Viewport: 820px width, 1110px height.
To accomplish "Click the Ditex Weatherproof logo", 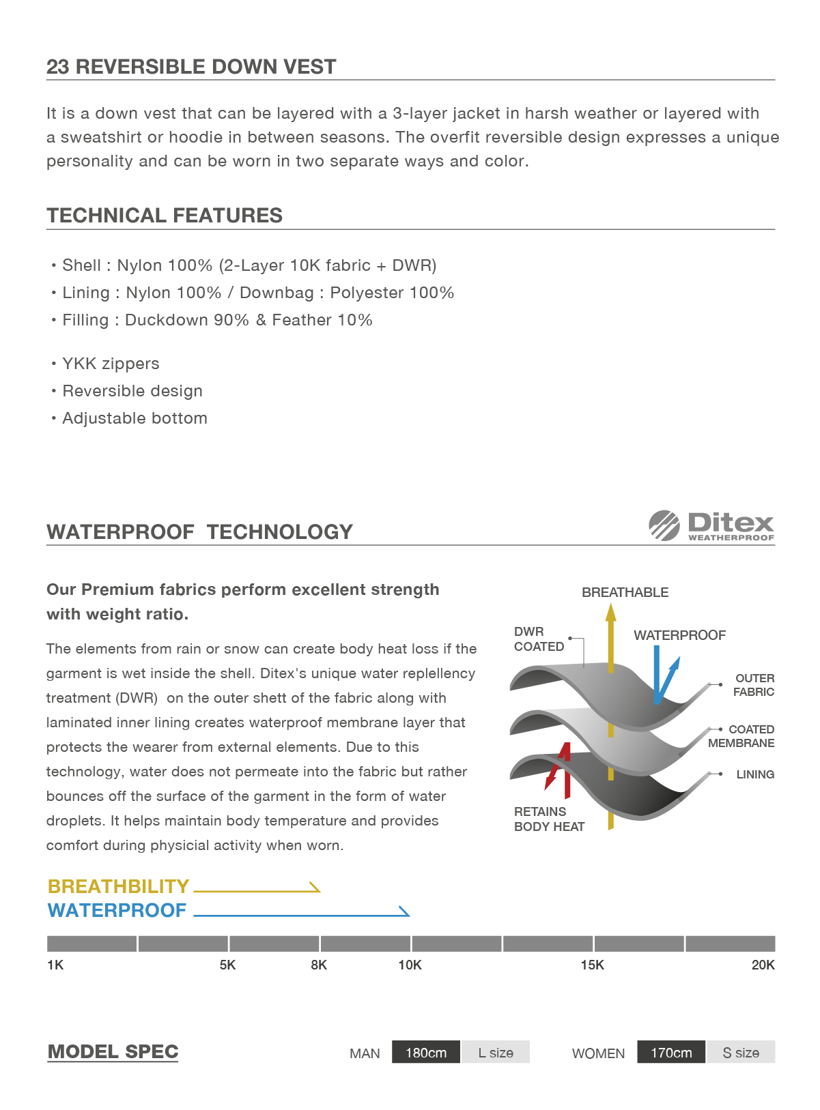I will pyautogui.click(x=711, y=526).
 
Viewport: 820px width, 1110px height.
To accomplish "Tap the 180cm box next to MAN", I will pyautogui.click(x=426, y=1053).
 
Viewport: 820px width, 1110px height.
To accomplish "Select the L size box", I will pyautogui.click(x=496, y=1053).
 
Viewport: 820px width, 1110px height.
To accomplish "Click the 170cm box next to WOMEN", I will pyautogui.click(x=671, y=1053).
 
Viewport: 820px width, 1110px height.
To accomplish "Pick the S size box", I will pyautogui.click(x=741, y=1053).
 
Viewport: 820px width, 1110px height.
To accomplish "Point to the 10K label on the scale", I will pyautogui.click(x=410, y=965).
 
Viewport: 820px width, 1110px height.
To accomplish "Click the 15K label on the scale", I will pyautogui.click(x=592, y=965).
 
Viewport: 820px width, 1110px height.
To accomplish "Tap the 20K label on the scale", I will pyautogui.click(x=763, y=965).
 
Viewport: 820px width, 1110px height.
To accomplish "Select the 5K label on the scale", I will pyautogui.click(x=227, y=965).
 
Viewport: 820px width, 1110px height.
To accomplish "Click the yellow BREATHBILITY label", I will pyautogui.click(x=118, y=886).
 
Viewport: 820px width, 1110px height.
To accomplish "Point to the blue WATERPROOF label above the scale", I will pyautogui.click(x=117, y=910).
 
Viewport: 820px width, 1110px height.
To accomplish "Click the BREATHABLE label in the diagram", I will pyautogui.click(x=625, y=592).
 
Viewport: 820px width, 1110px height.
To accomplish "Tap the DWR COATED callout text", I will pyautogui.click(x=539, y=639).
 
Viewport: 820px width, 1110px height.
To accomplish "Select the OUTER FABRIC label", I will pyautogui.click(x=754, y=685).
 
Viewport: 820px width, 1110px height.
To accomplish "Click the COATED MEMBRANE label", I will pyautogui.click(x=741, y=736).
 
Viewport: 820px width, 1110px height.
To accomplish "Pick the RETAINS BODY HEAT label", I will pyautogui.click(x=549, y=819).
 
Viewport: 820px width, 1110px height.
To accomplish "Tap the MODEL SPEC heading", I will pyautogui.click(x=113, y=1052).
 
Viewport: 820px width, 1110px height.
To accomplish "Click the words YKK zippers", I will pyautogui.click(x=111, y=364).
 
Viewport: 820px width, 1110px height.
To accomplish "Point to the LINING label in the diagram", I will pyautogui.click(x=755, y=774).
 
